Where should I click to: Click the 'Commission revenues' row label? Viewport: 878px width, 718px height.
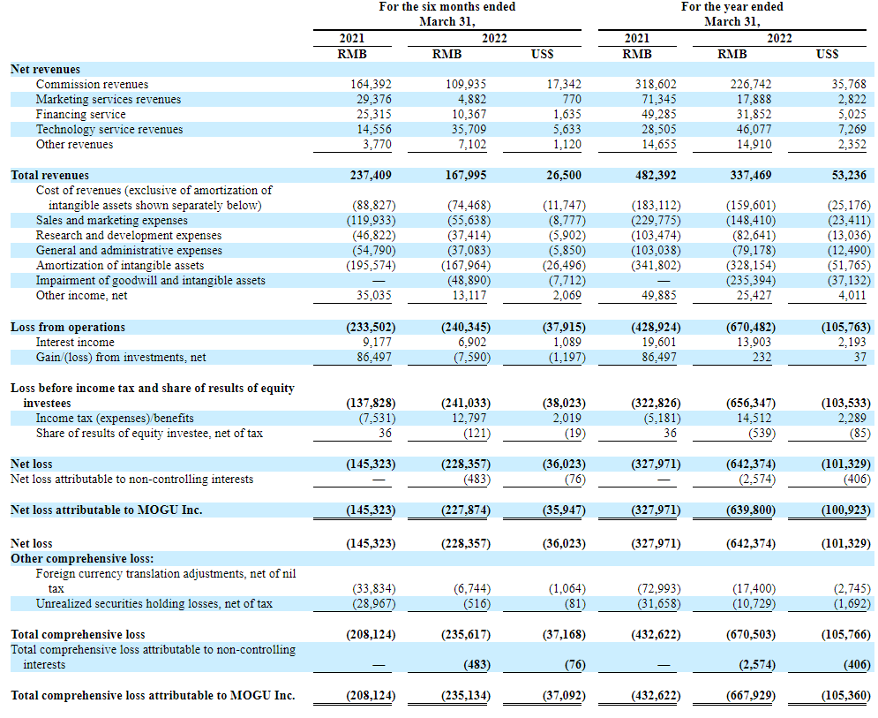pos(92,84)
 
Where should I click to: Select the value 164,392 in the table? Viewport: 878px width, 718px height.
pos(371,84)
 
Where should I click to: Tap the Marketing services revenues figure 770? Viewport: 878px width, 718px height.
pos(571,99)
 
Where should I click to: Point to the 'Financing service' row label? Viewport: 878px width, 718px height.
pos(80,114)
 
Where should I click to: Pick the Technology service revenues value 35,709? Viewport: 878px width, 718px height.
pos(466,130)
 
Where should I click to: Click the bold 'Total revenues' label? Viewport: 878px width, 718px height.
pos(49,175)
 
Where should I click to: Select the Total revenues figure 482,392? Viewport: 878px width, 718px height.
pos(656,175)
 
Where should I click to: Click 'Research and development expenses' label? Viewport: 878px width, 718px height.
pos(129,236)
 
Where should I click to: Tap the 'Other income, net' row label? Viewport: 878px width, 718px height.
pos(82,295)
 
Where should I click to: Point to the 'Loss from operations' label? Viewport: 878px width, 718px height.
pos(68,327)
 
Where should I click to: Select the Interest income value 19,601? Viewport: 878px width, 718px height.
pos(658,342)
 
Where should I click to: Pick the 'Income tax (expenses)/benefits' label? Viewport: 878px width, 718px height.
pos(115,418)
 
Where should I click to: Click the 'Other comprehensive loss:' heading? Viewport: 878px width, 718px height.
pos(82,559)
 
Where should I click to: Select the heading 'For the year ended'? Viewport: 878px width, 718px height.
pos(732,7)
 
